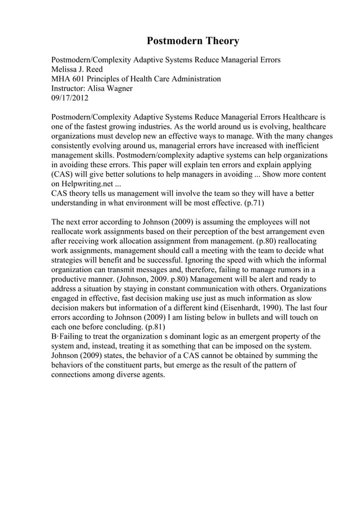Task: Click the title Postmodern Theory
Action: click(193, 41)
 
